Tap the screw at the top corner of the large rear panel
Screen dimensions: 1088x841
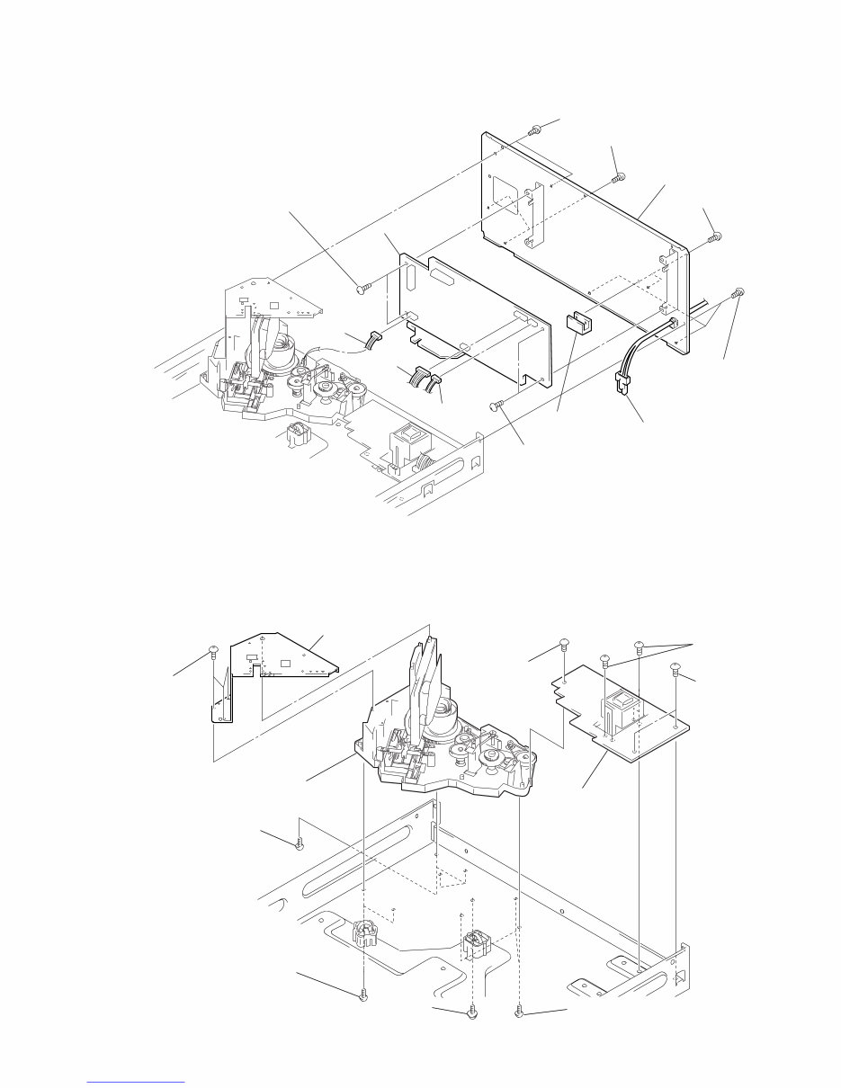tap(534, 130)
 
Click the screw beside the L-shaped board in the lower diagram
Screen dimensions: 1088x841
tap(213, 648)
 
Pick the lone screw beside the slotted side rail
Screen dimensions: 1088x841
tap(300, 843)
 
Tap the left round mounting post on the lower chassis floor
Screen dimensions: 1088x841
tap(368, 939)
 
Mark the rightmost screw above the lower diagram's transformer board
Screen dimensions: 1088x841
tap(675, 670)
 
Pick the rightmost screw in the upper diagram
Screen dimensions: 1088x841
tap(738, 293)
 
